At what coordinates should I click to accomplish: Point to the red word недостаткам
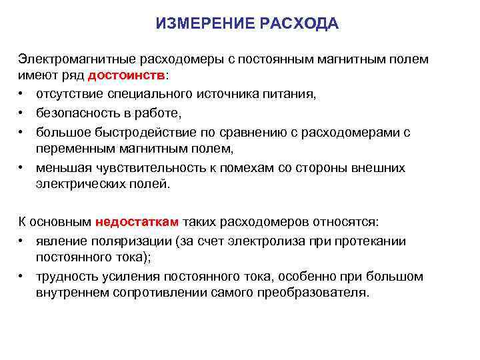137,221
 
